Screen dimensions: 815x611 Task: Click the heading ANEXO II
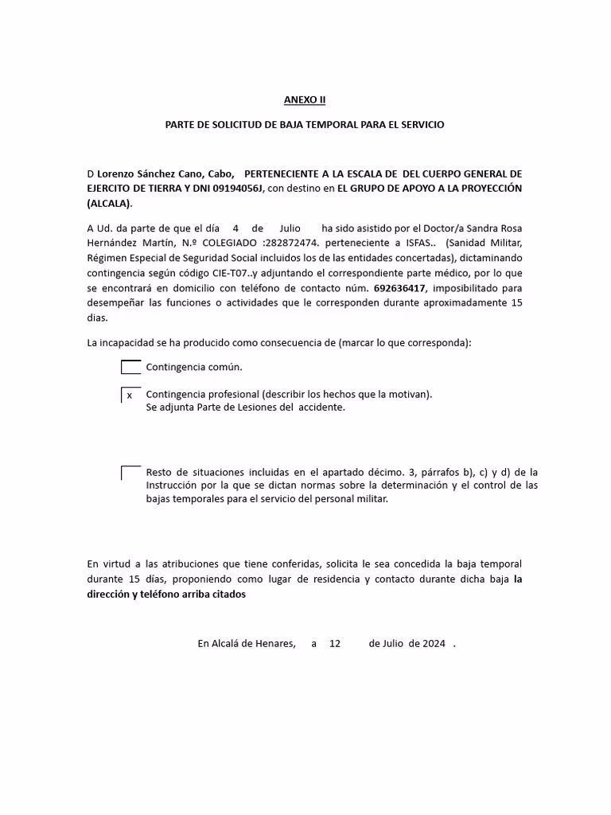305,100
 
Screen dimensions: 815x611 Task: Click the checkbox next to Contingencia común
130,367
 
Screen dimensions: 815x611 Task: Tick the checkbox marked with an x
130,395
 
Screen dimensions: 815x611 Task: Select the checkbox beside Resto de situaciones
130,473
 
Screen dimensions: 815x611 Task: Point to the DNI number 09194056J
236,188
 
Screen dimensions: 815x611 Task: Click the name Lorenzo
119,174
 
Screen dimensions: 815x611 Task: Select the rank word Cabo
221,174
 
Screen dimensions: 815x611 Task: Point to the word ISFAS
418,243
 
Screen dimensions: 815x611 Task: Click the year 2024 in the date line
434,643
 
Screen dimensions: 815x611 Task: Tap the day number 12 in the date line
335,643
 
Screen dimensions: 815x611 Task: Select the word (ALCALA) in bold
110,203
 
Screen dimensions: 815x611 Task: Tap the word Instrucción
174,485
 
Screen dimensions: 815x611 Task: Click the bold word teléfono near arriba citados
162,595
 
